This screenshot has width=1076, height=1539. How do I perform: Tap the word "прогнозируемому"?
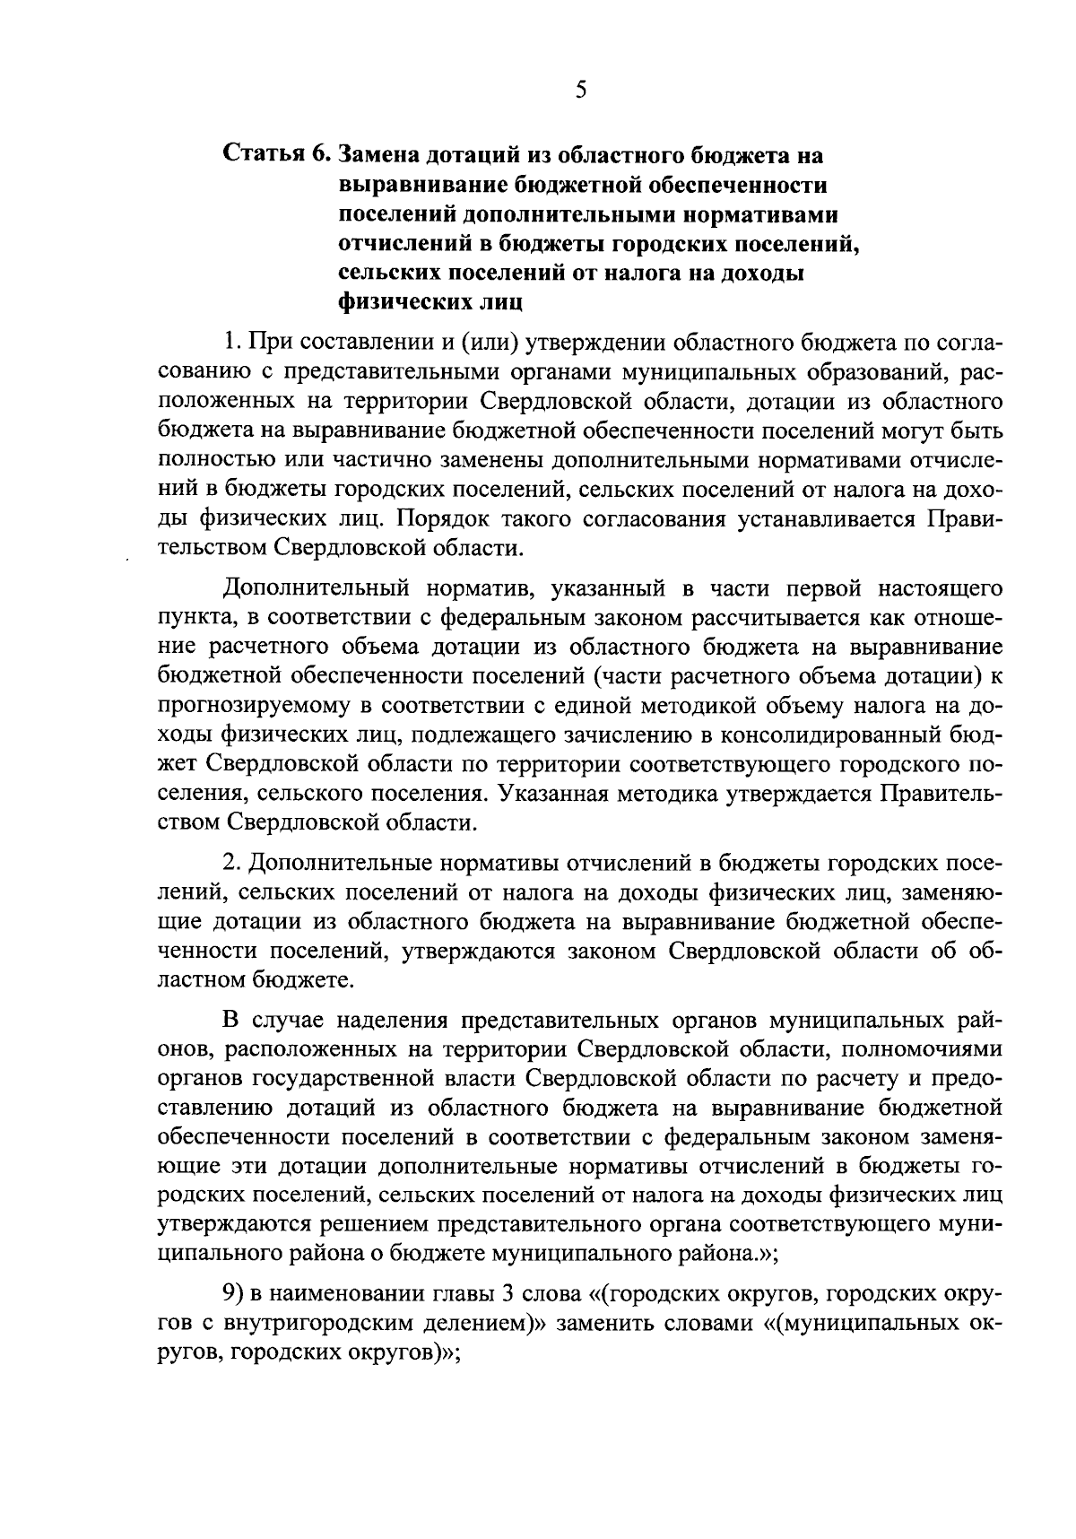click(x=255, y=707)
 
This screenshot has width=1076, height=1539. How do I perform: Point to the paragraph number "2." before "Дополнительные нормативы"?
click(x=232, y=863)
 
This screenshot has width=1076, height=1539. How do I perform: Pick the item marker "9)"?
click(x=234, y=1294)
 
